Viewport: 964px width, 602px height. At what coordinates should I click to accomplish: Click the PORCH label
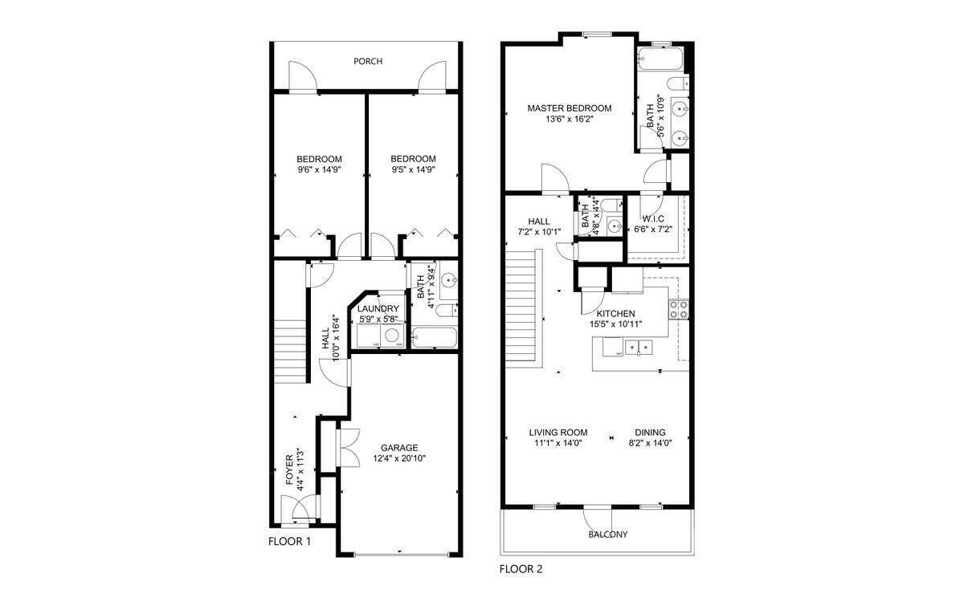click(367, 62)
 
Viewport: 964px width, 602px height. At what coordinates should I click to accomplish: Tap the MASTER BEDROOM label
click(569, 108)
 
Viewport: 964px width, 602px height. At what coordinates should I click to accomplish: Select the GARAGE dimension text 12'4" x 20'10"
click(399, 459)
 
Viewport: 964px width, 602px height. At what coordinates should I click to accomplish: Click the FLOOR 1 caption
click(289, 542)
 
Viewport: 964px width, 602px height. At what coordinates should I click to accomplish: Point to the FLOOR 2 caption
click(521, 570)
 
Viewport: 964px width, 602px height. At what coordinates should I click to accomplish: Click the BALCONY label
click(607, 535)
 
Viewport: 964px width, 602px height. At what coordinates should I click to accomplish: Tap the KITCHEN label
click(615, 314)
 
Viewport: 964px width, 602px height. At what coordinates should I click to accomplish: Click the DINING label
click(650, 432)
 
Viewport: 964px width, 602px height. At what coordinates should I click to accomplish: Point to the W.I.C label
click(652, 218)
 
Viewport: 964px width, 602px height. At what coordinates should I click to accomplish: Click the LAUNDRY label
click(378, 309)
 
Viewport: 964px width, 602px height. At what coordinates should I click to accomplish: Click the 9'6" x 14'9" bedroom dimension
click(319, 170)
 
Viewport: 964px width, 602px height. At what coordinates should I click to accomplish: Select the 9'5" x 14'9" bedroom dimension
click(413, 170)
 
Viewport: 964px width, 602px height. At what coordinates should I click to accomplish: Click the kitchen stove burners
click(679, 310)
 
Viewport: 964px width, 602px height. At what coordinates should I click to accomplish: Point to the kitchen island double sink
click(639, 348)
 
